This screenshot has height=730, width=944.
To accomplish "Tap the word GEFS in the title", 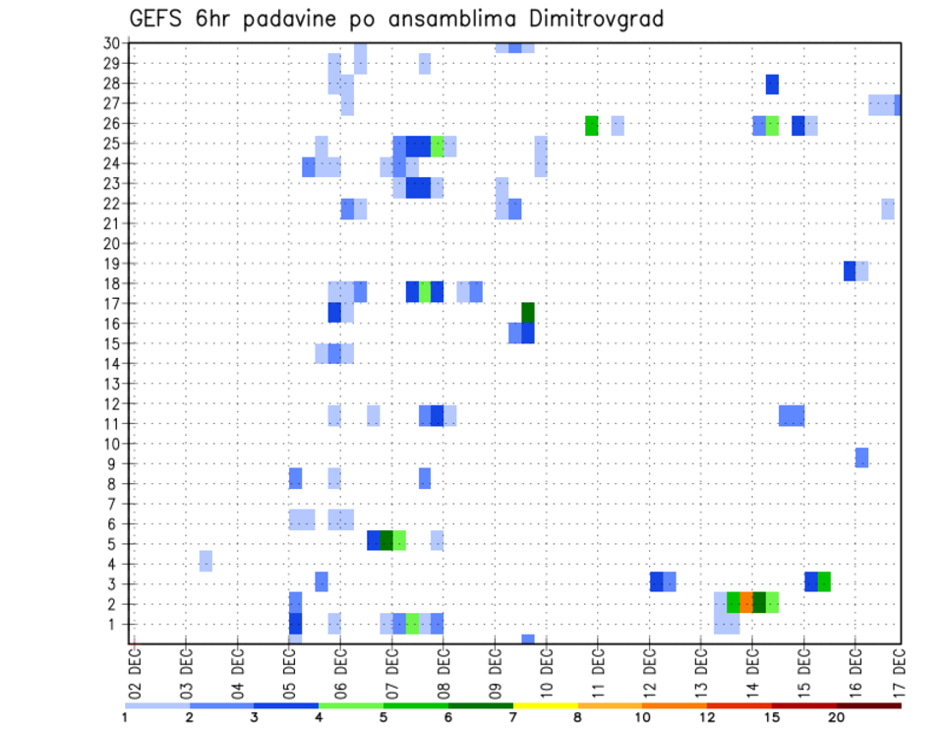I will click(x=155, y=19).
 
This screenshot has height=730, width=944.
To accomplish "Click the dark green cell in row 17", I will click(x=528, y=312).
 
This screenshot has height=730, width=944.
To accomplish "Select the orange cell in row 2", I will click(x=746, y=602).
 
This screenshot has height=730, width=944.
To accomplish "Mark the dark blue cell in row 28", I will click(x=772, y=85).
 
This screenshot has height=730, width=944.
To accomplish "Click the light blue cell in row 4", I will click(x=206, y=561).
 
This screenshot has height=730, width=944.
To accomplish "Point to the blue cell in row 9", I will click(x=861, y=457).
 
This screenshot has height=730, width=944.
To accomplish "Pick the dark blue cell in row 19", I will click(x=850, y=271).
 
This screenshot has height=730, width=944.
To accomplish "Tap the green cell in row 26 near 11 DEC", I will click(x=591, y=125).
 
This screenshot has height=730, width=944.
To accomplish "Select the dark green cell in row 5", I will click(x=386, y=540).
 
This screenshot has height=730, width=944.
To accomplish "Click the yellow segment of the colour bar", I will click(x=545, y=705).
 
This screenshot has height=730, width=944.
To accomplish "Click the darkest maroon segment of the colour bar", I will click(x=868, y=705).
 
